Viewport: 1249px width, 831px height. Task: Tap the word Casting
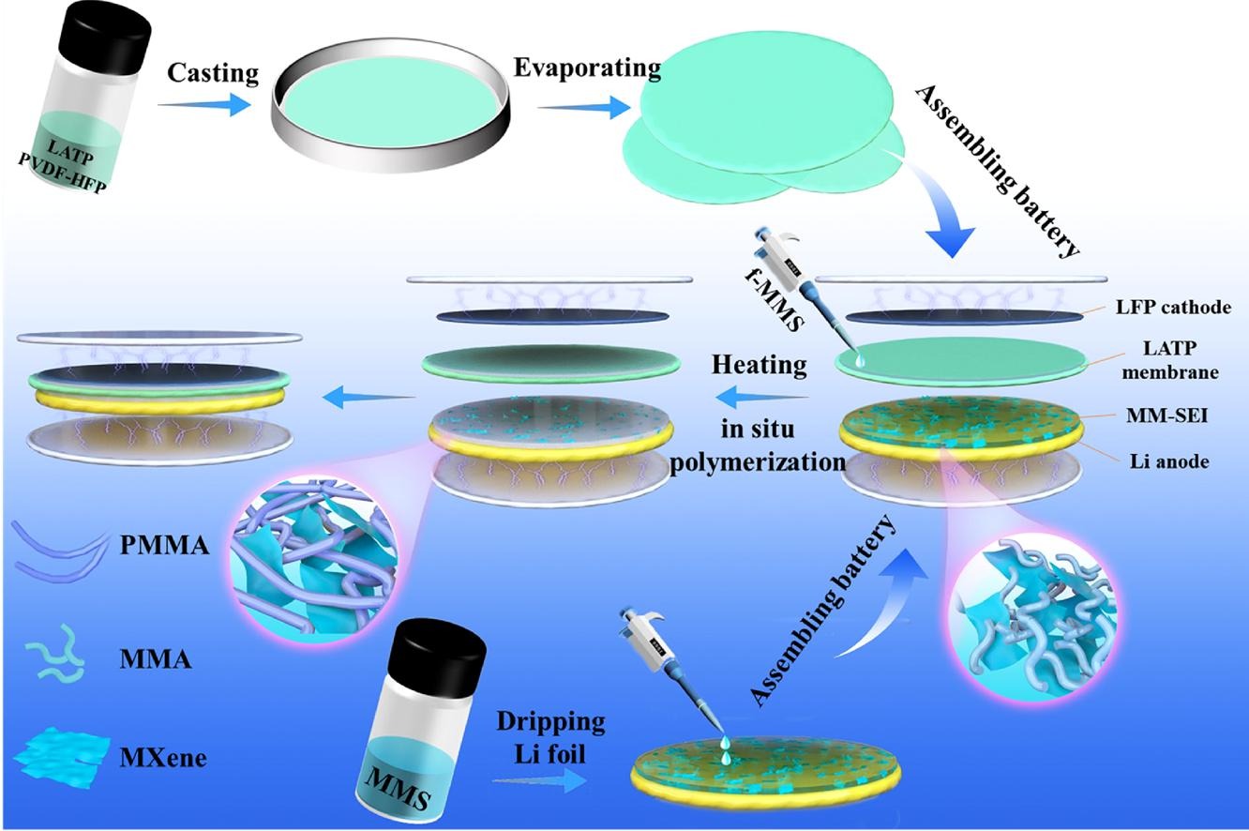click(x=212, y=72)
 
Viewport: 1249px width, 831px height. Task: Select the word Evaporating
click(x=587, y=68)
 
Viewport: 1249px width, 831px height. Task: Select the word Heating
click(x=760, y=364)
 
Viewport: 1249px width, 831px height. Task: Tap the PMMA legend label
click(x=164, y=545)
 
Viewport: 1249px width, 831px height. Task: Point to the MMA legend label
click(x=156, y=659)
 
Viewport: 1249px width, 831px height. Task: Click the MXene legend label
click(x=163, y=756)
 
